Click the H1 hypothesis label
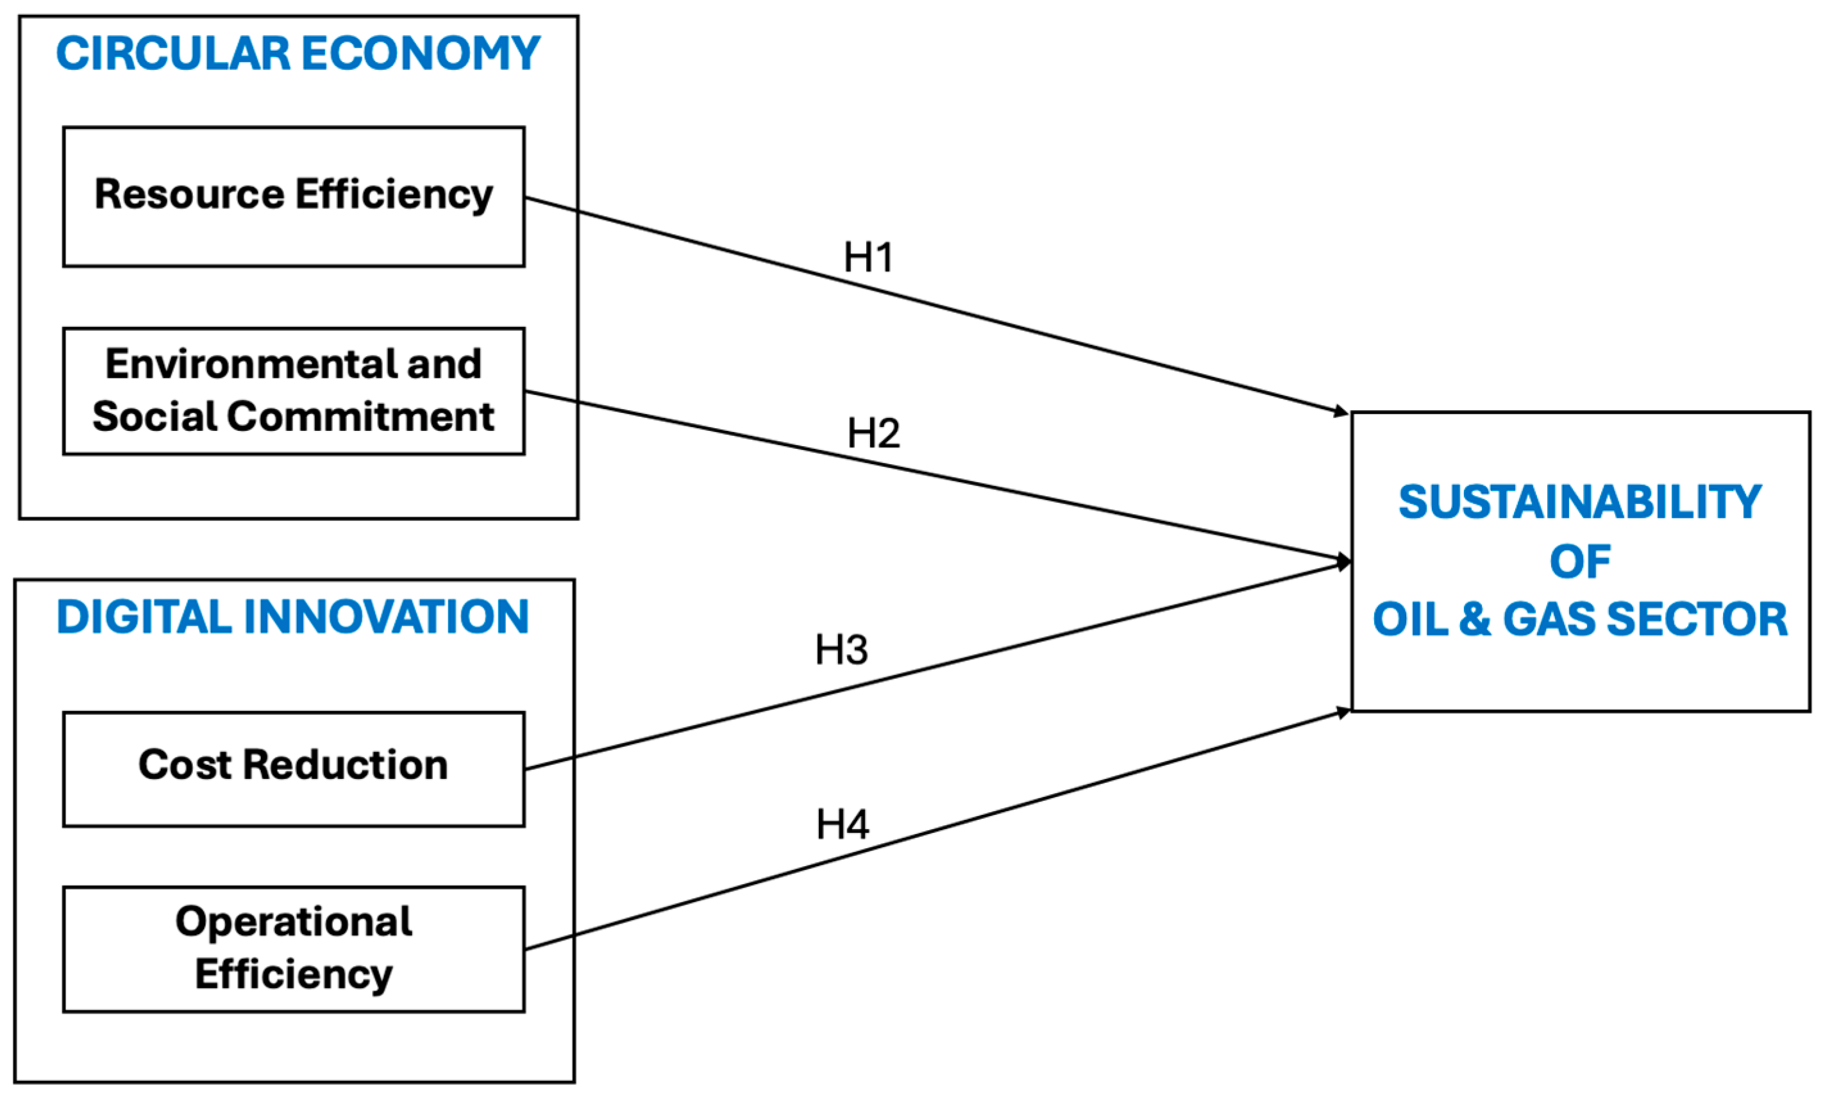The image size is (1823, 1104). point(869,258)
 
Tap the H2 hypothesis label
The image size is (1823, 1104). point(873,433)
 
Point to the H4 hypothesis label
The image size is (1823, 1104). point(842,825)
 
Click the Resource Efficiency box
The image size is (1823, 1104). point(294,197)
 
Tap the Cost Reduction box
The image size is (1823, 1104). point(294,769)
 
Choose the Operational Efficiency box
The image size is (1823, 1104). point(294,949)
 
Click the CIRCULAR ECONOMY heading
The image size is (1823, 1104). point(298,54)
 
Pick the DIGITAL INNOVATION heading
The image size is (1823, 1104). point(293,617)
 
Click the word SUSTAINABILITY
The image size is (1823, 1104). point(1579,503)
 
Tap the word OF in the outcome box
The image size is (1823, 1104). point(1579,562)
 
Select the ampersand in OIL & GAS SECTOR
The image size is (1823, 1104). point(1475,619)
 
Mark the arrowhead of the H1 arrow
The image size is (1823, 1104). point(1341,412)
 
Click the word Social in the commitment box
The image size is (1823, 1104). point(154,417)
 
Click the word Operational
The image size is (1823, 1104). point(294,923)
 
